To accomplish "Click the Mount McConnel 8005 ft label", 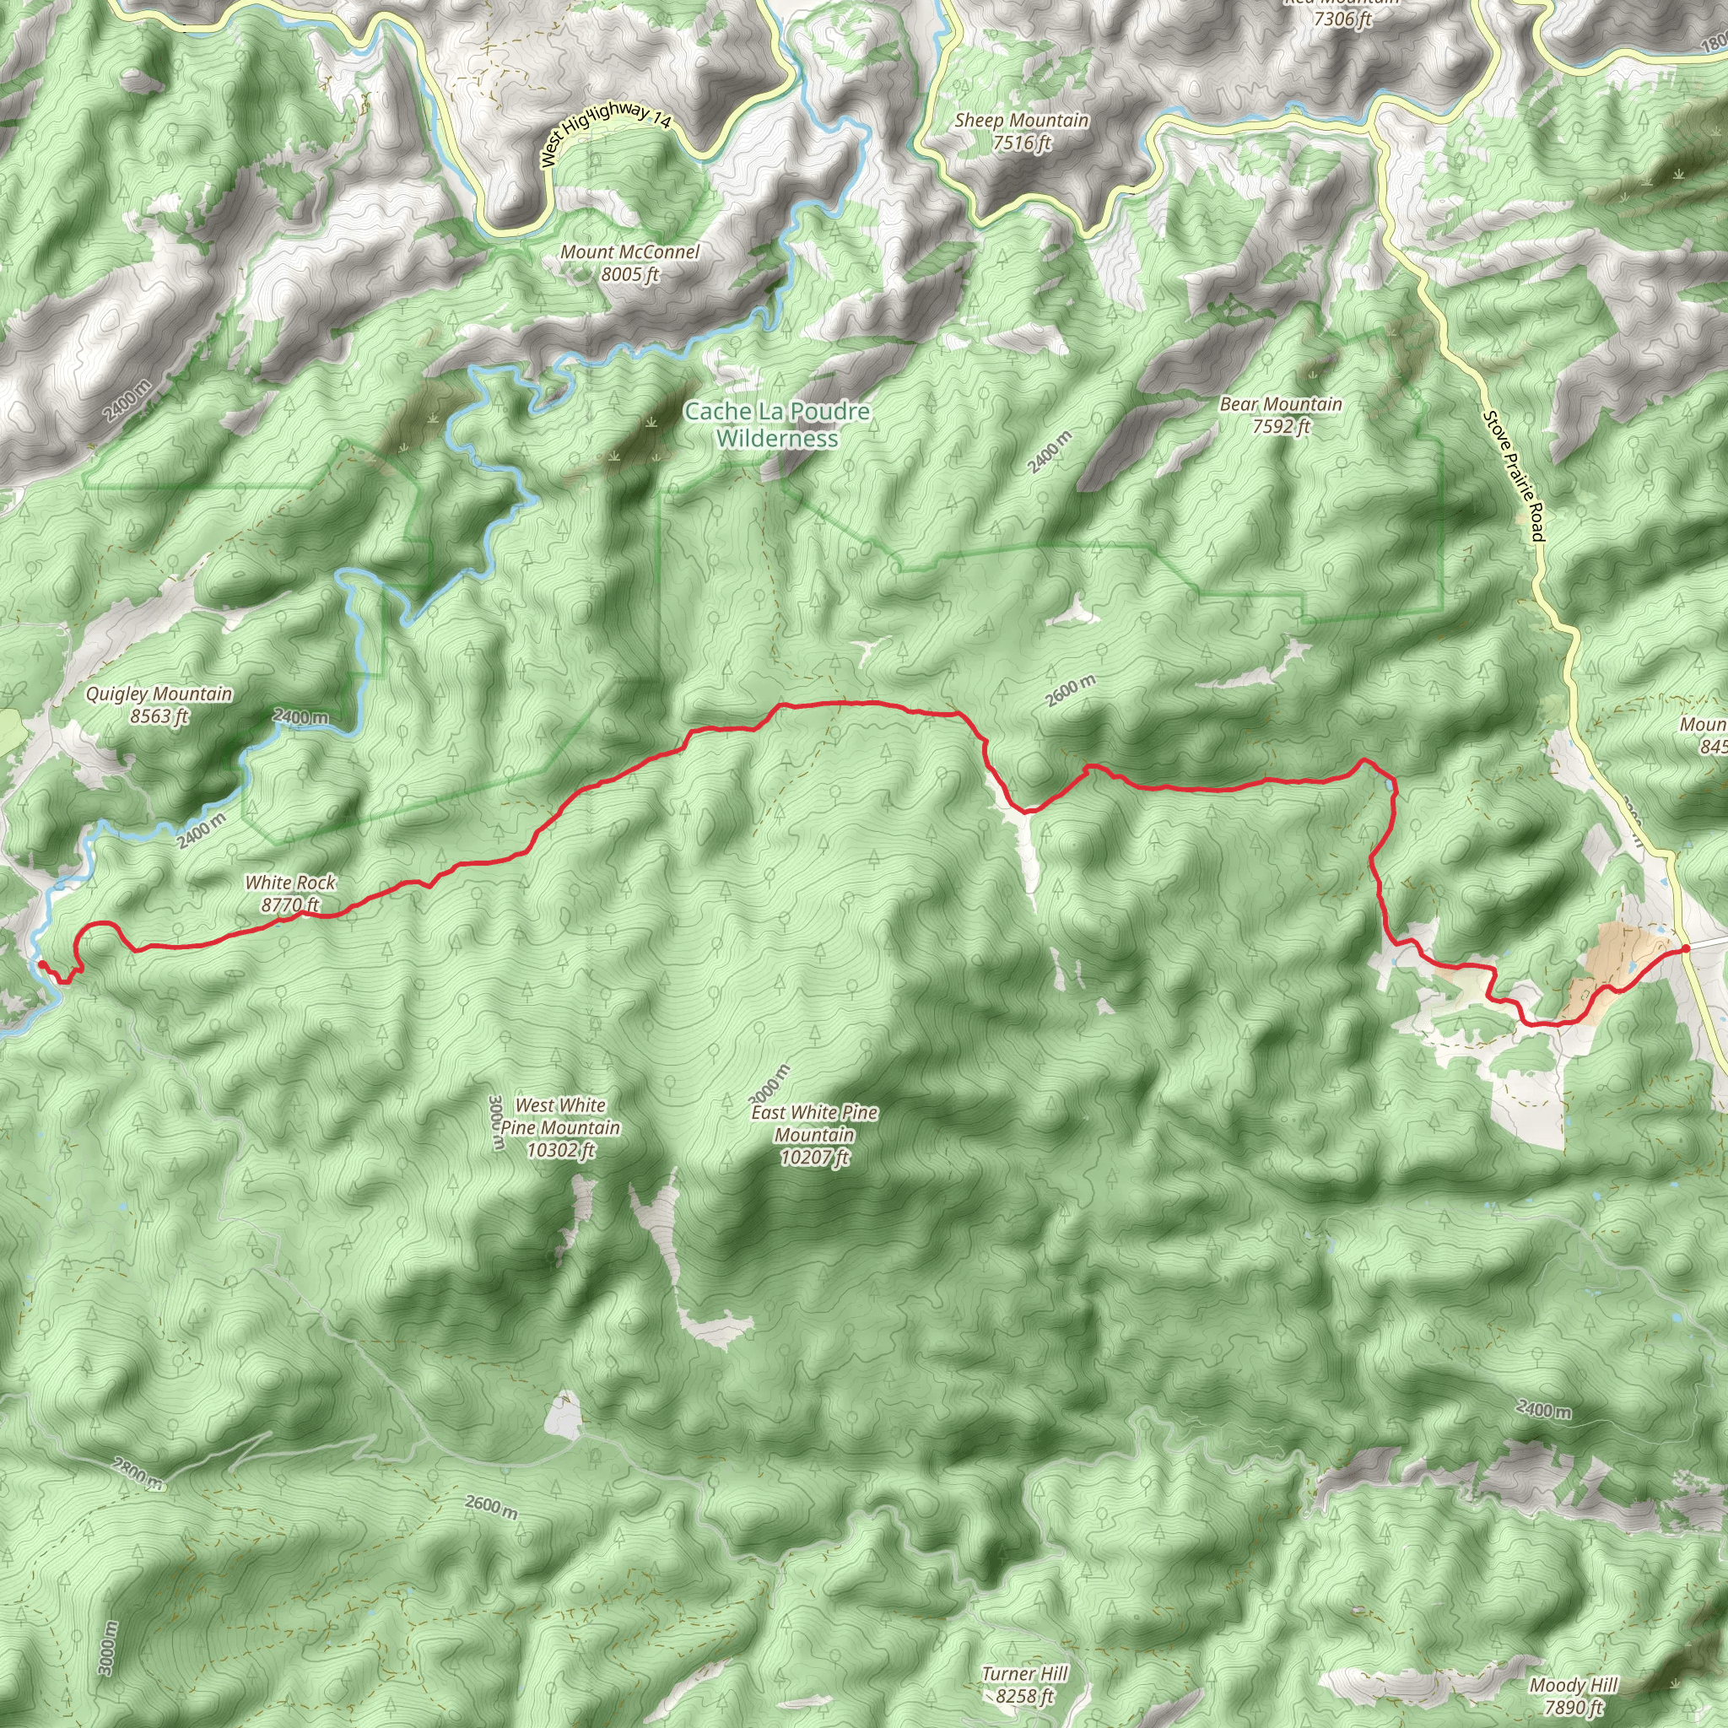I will point(629,263).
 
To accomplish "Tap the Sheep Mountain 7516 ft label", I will point(1022,132).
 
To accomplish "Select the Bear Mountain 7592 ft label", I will point(1281,415).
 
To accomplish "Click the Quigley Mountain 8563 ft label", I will point(159,705).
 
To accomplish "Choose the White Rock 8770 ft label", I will point(291,894).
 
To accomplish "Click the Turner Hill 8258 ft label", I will point(1024,1684).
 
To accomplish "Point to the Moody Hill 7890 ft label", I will point(1574,1697).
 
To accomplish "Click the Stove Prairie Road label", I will point(1514,475).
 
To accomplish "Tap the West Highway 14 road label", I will point(606,131).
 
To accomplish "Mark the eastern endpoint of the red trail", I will point(1685,949).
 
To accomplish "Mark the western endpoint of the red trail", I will point(40,964).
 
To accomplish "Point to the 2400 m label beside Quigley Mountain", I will point(300,716).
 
